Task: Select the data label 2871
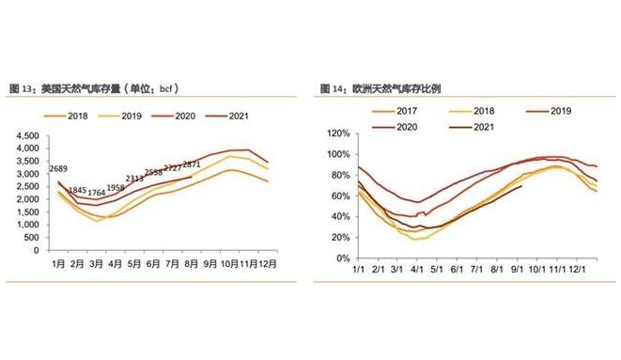tap(192, 164)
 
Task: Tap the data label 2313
tap(134, 180)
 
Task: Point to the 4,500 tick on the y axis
tap(24, 135)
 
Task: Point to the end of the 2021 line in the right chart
tap(522, 186)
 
